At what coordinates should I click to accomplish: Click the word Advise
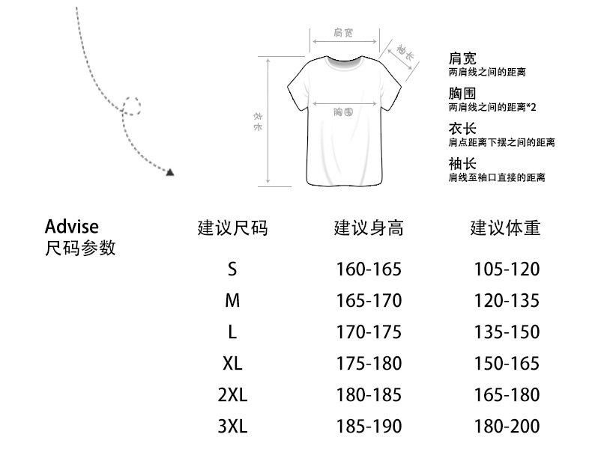71,226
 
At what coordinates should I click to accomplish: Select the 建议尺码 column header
232,228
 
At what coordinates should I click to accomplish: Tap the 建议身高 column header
369,228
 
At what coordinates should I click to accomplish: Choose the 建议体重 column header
505,228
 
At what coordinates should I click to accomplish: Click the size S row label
232,269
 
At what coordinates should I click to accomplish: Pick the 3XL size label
232,427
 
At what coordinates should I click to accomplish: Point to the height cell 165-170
369,301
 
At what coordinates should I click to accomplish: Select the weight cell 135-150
507,332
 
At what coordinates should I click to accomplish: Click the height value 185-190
369,427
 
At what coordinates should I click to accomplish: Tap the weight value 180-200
507,427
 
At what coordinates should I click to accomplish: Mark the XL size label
232,364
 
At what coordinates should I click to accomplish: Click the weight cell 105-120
507,269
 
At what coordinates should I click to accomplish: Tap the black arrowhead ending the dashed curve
170,172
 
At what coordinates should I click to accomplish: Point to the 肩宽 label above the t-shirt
343,33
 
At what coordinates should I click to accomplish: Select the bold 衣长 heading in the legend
462,129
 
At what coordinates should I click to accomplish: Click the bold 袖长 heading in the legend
462,164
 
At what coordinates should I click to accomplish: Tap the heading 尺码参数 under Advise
81,248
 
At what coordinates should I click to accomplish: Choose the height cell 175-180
369,364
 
